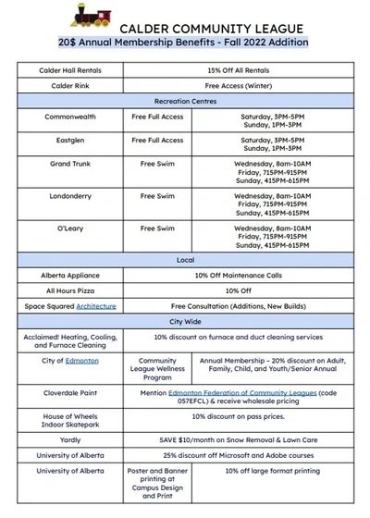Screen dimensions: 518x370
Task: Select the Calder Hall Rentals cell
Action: pos(70,70)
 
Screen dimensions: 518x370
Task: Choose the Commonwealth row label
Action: pos(70,117)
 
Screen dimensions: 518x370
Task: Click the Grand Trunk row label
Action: pos(70,163)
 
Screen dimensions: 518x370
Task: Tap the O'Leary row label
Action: pos(70,228)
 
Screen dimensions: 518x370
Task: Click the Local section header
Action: pos(186,260)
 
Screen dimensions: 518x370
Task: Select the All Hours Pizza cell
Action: pos(70,290)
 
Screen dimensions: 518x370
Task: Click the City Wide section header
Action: pos(186,320)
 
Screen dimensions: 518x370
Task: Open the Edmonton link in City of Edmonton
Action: pos(83,361)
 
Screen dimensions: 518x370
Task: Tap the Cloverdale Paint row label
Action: pos(70,393)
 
